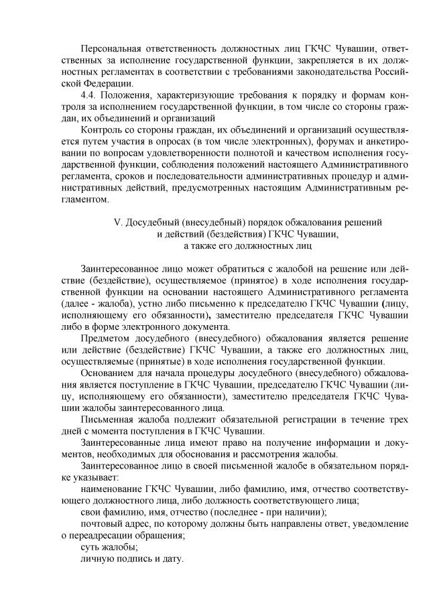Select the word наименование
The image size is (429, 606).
[117, 489]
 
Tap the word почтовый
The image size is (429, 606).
[101, 524]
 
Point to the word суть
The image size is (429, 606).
[91, 547]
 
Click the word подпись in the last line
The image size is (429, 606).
[136, 558]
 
